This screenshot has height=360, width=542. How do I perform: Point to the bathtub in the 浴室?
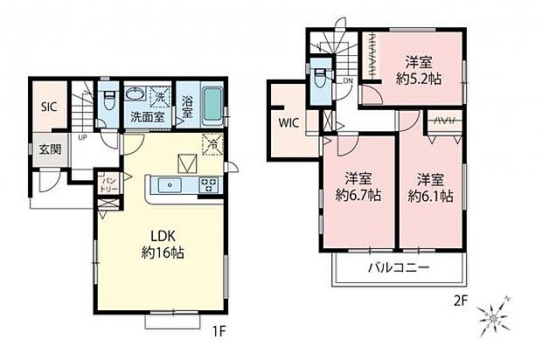click(x=212, y=107)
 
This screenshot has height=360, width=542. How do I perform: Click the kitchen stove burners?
click(x=211, y=183)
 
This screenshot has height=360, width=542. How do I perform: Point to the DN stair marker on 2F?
click(x=347, y=81)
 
